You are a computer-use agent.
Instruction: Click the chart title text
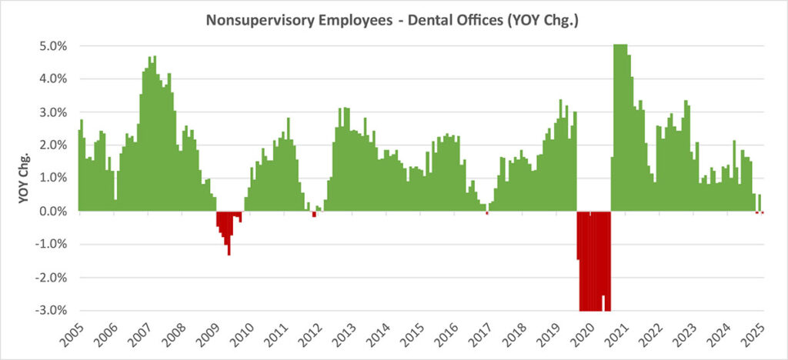[392, 22]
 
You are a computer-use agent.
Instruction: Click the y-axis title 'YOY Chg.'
[25, 177]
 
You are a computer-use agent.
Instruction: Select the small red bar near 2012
[314, 214]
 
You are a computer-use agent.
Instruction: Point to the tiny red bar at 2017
[487, 213]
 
